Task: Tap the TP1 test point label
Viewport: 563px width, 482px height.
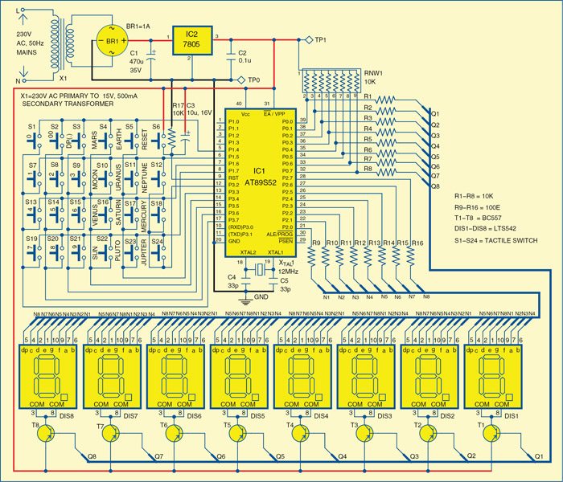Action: [x=320, y=38]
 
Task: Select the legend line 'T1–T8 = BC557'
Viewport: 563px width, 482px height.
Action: [x=482, y=217]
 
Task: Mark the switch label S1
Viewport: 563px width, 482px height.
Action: [x=33, y=127]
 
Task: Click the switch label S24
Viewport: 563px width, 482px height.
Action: [x=158, y=240]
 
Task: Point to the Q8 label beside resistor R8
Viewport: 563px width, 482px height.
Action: [x=435, y=186]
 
